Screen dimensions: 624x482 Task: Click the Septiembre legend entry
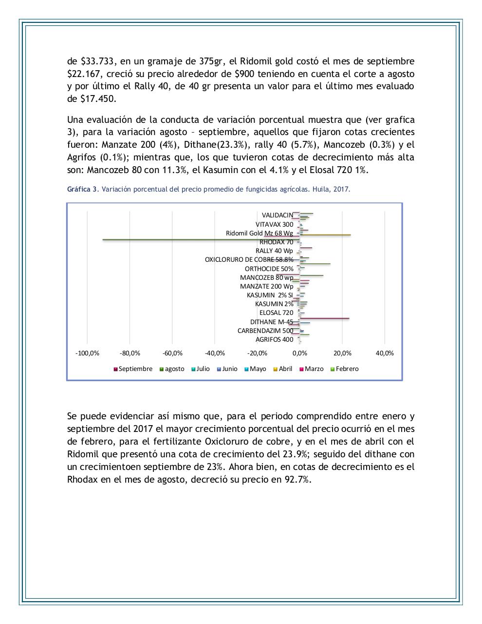pyautogui.click(x=133, y=369)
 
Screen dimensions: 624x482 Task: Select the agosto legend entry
pyautogui.click(x=172, y=369)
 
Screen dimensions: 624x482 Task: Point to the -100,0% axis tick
pyautogui.click(x=88, y=353)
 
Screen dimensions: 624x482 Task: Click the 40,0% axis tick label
pyautogui.click(x=385, y=353)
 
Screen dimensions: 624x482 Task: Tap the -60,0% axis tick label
pyautogui.click(x=172, y=353)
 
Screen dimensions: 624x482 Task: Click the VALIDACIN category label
pyautogui.click(x=277, y=215)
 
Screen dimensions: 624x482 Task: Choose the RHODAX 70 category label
pyautogui.click(x=276, y=242)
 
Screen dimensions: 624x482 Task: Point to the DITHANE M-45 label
pyautogui.click(x=272, y=322)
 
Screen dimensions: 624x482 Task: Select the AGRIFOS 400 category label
pyautogui.click(x=274, y=340)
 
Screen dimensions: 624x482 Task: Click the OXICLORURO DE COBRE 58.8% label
pyautogui.click(x=249, y=259)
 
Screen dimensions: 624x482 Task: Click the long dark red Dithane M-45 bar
pyautogui.click(x=324, y=318)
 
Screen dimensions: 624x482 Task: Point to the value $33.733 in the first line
pyautogui.click(x=97, y=61)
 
